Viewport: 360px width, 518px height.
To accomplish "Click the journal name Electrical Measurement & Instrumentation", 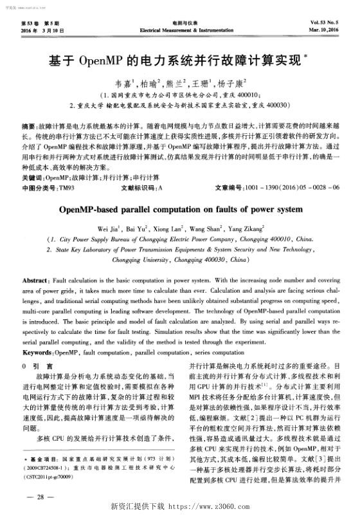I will tap(179, 30).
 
